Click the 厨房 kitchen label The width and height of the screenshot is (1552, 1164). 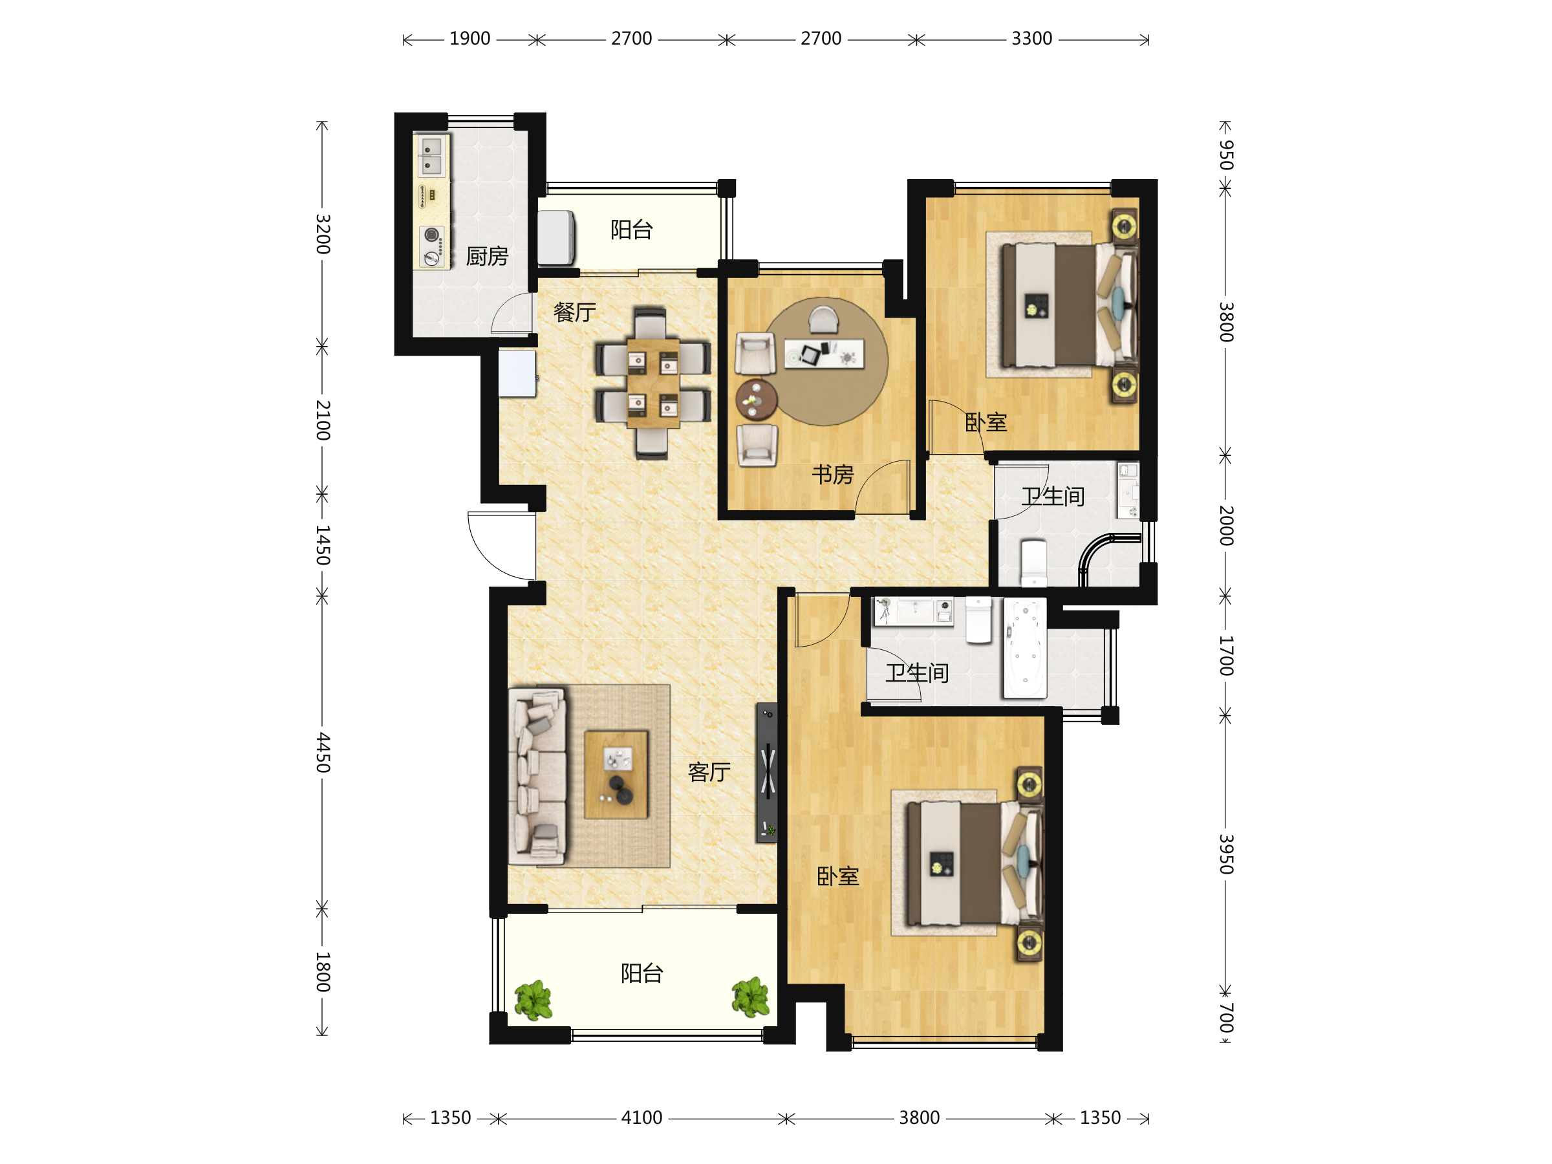(487, 256)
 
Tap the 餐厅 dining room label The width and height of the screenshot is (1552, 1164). (575, 312)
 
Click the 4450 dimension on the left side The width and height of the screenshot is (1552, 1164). (322, 752)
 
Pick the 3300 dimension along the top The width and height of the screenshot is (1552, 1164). (1031, 39)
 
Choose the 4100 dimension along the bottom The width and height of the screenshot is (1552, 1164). (641, 1117)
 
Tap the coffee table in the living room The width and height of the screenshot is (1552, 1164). (616, 775)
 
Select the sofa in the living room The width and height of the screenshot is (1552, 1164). (537, 776)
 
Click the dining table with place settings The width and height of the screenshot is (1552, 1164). (653, 383)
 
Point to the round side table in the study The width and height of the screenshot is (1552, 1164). (757, 400)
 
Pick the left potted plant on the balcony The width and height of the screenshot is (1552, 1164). (533, 1000)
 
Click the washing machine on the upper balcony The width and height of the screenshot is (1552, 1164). (556, 237)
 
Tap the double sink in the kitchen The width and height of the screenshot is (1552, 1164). (431, 156)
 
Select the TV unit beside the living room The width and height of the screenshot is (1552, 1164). (766, 771)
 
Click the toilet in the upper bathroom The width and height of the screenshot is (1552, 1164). (1033, 562)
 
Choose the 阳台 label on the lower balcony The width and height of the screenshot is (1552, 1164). (641, 973)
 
